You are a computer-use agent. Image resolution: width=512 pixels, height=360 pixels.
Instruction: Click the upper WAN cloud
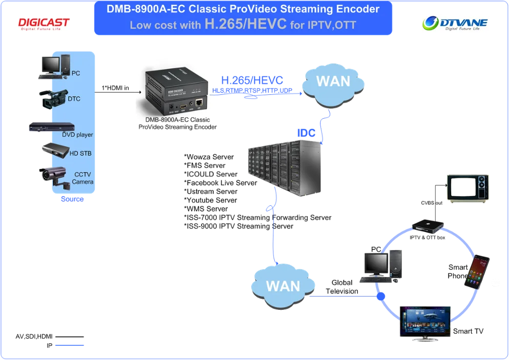click(333, 82)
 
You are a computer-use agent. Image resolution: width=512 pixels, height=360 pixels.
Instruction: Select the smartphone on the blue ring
click(476, 271)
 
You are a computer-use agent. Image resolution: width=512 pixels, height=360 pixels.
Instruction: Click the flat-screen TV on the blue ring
click(426, 323)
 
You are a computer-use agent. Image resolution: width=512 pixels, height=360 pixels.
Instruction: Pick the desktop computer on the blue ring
click(381, 265)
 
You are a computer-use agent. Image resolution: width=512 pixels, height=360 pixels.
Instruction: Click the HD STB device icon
click(55, 150)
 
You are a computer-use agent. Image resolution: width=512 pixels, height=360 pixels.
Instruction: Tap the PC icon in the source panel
click(52, 68)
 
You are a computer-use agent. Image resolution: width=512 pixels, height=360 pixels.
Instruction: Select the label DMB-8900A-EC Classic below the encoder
click(178, 120)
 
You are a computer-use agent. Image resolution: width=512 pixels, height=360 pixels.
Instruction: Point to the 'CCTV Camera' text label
click(82, 178)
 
